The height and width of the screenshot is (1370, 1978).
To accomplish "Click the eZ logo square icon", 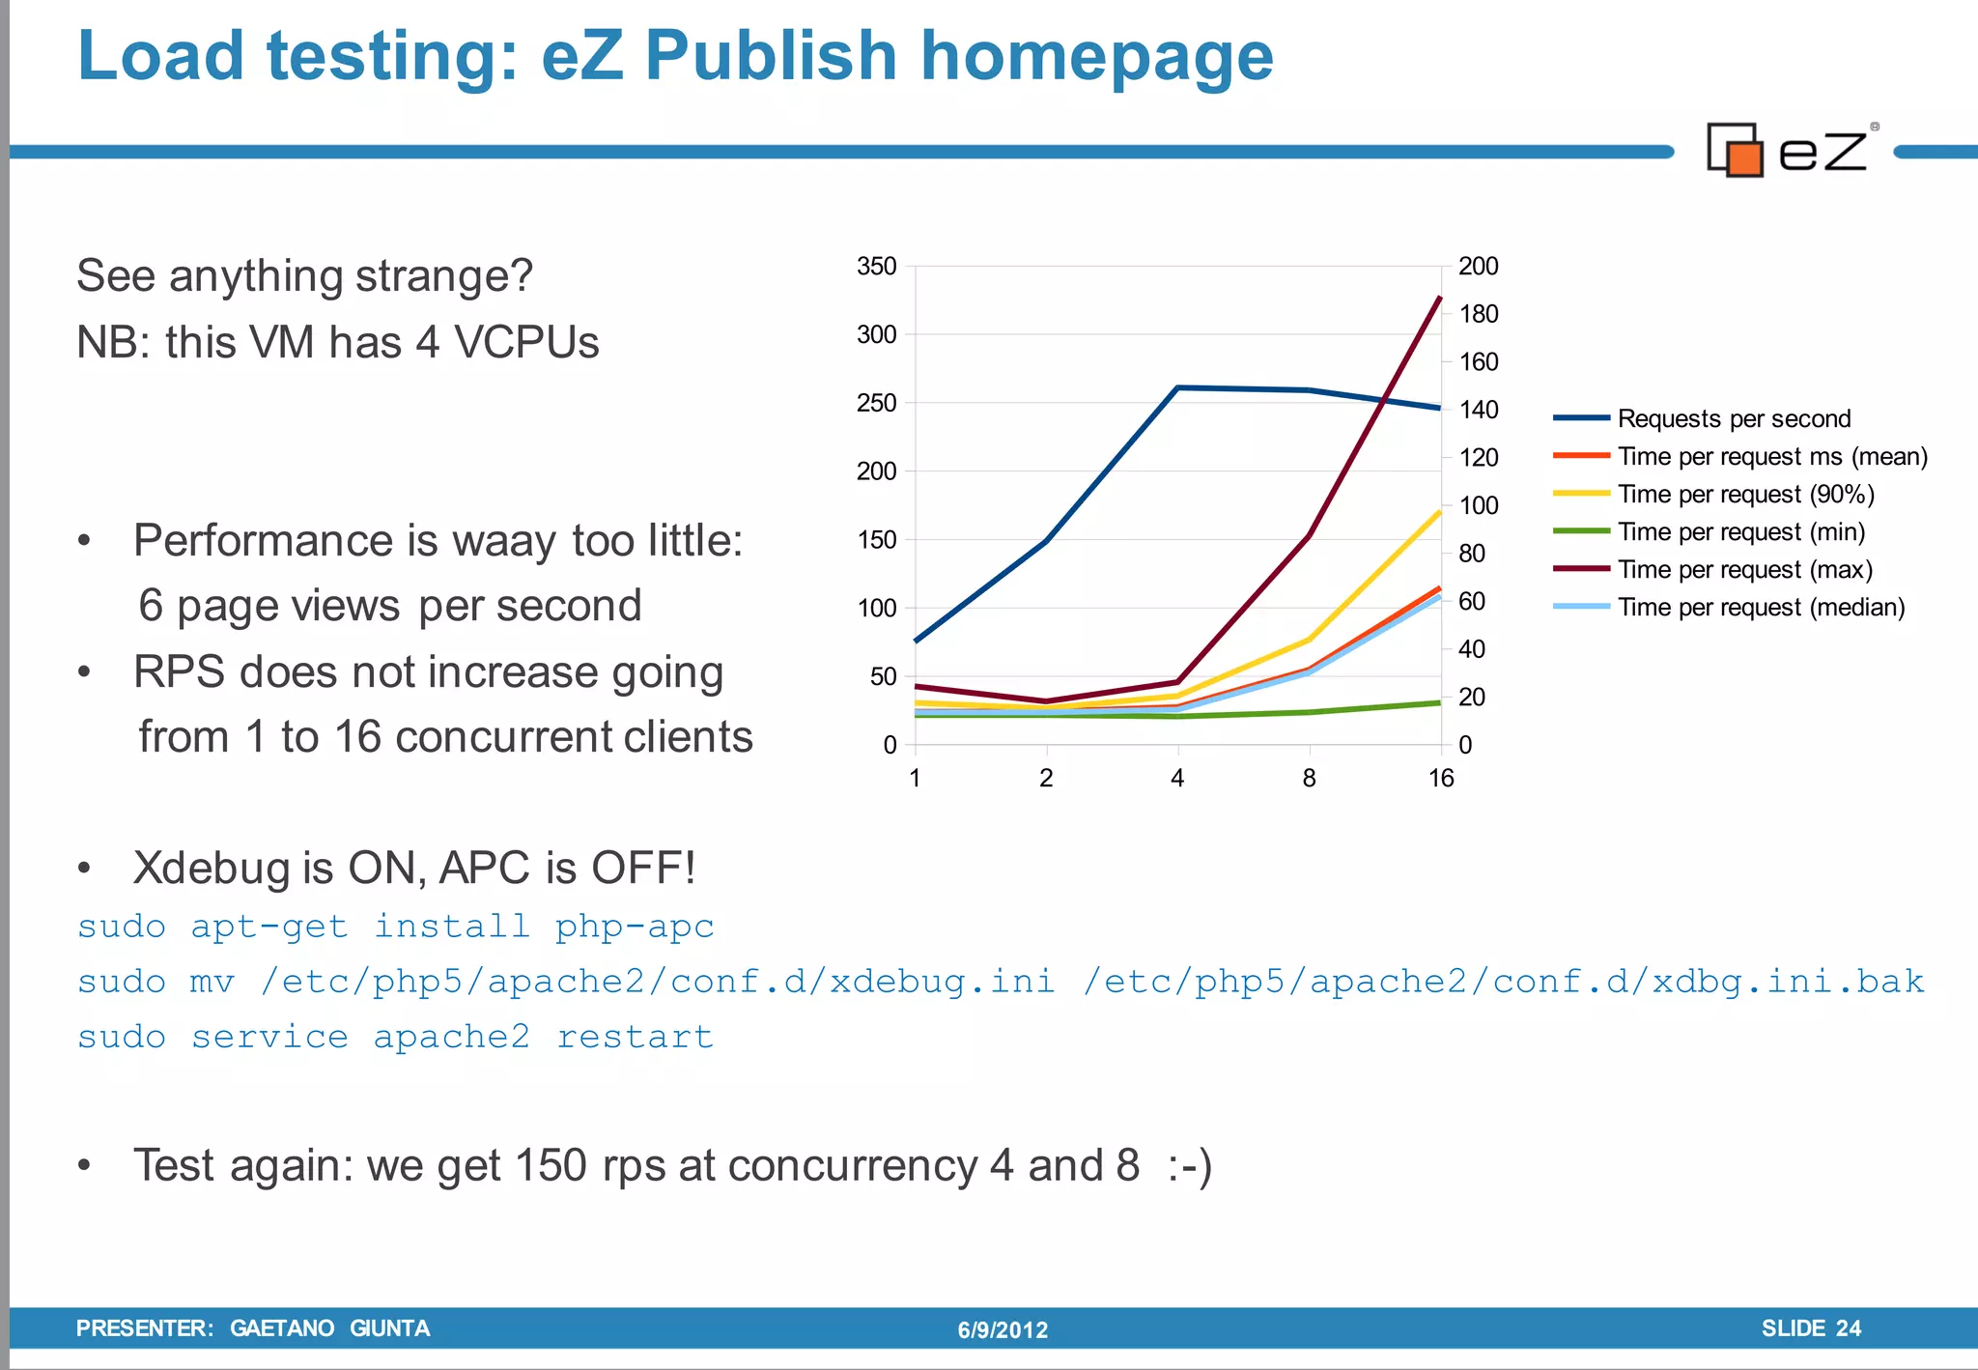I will coord(1736,151).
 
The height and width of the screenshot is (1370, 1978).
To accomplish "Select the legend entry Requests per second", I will coord(1734,418).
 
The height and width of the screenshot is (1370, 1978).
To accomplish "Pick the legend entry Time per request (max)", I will coord(1744,569).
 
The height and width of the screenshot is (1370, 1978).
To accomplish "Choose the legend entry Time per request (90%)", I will coord(1745,494).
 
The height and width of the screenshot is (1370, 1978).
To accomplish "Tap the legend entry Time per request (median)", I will coord(1761,607).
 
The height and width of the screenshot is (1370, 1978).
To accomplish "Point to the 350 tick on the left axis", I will coord(877,266).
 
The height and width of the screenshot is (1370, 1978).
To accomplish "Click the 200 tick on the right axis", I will coord(1478,266).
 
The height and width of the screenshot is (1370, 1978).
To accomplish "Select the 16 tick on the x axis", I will coord(1440,778).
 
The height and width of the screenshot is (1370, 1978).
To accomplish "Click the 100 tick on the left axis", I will coord(877,608).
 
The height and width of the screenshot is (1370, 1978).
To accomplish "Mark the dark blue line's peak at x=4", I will coord(1177,387).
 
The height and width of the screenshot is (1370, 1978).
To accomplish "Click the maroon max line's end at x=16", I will coord(1440,299).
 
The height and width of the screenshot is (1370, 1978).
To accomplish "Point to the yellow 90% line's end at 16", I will coord(1440,512).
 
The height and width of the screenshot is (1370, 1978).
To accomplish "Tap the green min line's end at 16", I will coord(1440,702).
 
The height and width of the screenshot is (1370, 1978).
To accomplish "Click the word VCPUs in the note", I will coord(526,342).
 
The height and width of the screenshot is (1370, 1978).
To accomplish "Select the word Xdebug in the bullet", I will coord(212,868).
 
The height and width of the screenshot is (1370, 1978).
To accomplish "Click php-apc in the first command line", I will coord(635,927).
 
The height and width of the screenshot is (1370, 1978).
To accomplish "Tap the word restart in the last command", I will coord(635,1037).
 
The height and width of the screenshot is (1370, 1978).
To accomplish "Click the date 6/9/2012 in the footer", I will coord(1003,1329).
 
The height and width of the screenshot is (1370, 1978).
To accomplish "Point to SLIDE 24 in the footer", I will coord(1811,1328).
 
